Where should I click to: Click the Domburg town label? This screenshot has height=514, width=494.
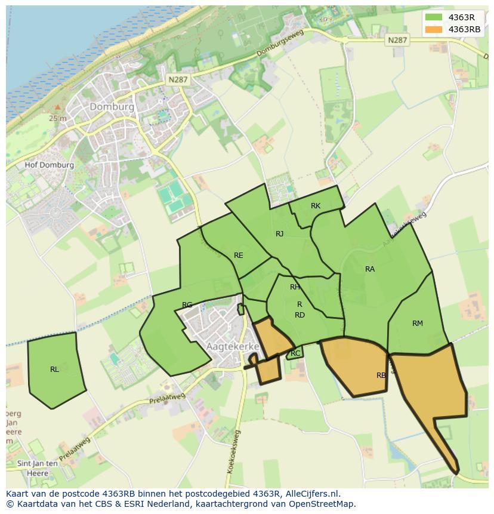(112, 106)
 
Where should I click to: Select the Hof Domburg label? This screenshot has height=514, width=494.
(50, 165)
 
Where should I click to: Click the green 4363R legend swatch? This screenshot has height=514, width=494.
(434, 17)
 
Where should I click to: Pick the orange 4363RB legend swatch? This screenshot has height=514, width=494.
(434, 29)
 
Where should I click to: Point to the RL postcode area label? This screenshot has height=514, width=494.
(54, 369)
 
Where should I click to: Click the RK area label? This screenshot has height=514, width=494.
(316, 206)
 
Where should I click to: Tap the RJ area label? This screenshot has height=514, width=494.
(279, 234)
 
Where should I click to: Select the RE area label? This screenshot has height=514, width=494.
(239, 256)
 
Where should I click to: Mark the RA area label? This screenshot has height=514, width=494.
(370, 269)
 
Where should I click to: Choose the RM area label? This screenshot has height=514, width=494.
(418, 324)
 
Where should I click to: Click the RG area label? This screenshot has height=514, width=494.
(187, 305)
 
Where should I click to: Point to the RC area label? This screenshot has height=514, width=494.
(295, 353)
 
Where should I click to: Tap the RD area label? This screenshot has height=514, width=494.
(300, 315)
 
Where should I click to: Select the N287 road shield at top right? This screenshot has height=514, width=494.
(397, 40)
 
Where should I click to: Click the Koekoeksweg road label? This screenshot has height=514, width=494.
(233, 451)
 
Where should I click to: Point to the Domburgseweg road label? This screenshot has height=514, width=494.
(280, 44)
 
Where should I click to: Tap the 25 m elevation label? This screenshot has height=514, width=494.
(58, 118)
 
